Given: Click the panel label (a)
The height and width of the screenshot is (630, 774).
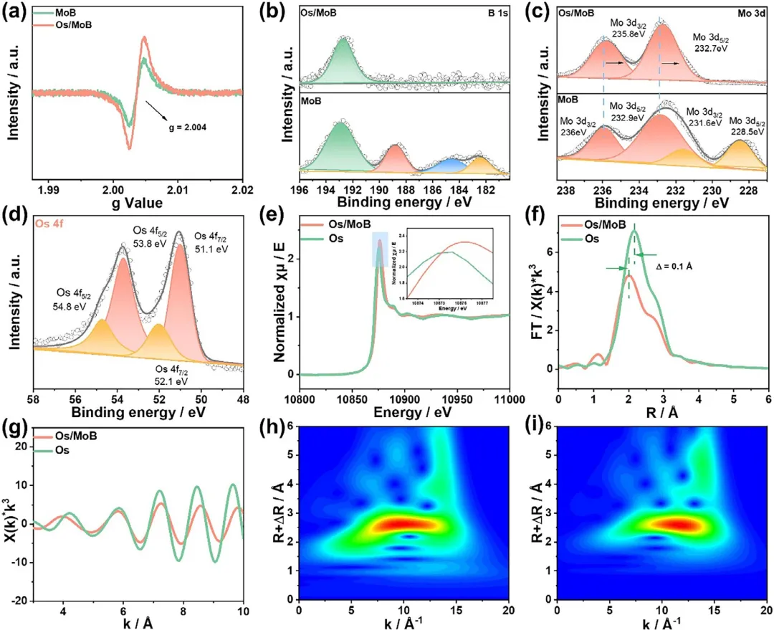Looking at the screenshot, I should (x=15, y=12).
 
